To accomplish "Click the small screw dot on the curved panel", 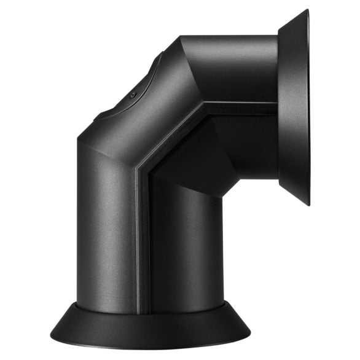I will click(x=133, y=95).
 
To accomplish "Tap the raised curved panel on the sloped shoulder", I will click(x=132, y=92).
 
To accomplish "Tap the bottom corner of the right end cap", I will click(x=308, y=205).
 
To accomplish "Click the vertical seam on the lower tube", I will click(x=142, y=246).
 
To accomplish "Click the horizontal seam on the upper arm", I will click(x=240, y=106).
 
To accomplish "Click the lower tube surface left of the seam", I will click(x=108, y=240).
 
